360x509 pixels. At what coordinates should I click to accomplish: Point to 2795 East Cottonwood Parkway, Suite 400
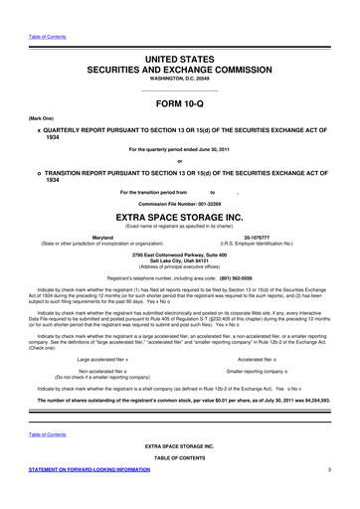(180, 255)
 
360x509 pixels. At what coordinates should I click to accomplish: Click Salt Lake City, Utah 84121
(180, 261)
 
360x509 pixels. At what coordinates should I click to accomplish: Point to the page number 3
(341, 494)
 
